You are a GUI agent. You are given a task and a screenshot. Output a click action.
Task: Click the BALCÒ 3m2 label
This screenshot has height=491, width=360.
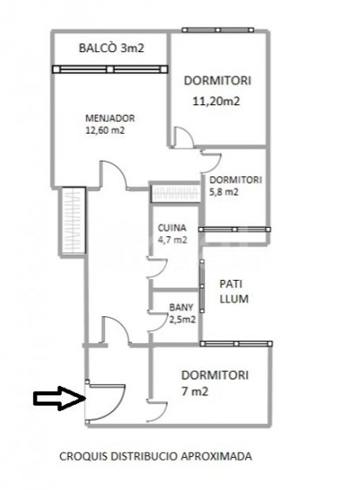click(110, 49)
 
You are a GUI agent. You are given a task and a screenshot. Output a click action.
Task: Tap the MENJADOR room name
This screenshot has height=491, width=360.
click(109, 119)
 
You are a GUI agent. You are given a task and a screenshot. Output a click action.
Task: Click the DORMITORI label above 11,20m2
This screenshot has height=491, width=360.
click(217, 80)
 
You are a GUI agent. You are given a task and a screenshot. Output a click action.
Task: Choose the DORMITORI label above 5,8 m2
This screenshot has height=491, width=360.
click(236, 180)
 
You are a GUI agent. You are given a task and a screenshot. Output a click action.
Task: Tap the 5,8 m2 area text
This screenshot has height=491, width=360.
click(225, 192)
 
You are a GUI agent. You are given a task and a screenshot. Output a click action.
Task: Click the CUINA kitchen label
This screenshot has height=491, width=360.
click(171, 229)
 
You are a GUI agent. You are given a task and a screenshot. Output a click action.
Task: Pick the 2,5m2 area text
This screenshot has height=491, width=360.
click(181, 320)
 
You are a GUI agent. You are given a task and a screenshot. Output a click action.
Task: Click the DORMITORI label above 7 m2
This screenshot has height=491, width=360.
click(215, 375)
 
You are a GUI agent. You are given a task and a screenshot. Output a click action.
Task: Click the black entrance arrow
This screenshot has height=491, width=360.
click(57, 399)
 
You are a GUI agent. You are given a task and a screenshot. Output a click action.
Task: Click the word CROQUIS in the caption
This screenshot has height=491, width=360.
click(83, 454)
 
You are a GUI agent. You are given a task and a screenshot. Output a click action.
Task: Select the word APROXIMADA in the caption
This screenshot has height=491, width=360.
click(223, 454)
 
